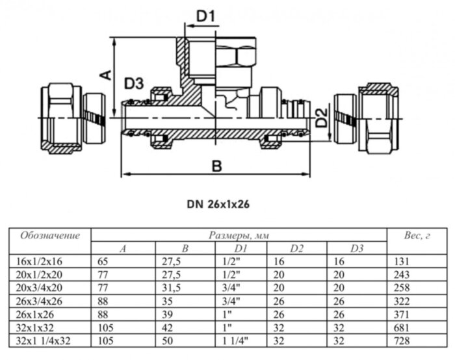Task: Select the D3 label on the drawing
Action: (134, 84)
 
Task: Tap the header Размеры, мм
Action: (239, 235)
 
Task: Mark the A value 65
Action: (103, 261)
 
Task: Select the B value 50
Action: (165, 340)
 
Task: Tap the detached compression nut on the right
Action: (368, 118)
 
